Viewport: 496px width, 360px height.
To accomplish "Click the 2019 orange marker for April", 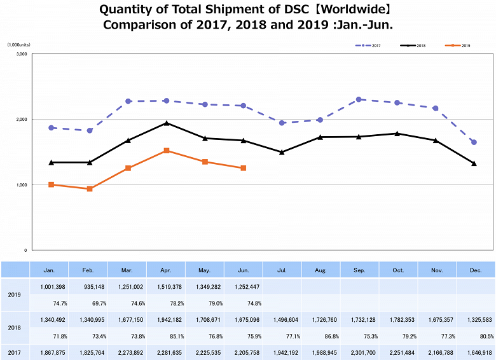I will coord(166,151).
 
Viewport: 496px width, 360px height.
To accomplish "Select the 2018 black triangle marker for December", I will coord(474,163).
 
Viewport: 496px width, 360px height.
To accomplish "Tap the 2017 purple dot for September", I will coord(359,99).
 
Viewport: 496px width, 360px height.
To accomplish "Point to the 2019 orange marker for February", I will coord(90,189).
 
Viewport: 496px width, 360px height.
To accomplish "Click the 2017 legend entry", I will coord(368,46).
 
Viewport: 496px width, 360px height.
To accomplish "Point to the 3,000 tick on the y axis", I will coord(21,54).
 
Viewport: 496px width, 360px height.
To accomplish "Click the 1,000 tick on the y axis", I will coord(21,185).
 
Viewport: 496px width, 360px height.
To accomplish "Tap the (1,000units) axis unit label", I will coord(18,45).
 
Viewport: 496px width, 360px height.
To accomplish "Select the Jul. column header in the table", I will coord(282,270).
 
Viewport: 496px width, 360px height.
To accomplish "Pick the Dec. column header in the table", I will coord(475,270).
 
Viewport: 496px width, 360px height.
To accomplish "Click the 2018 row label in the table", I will coord(15,328).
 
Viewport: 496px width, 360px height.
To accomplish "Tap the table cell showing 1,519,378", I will coord(166,287).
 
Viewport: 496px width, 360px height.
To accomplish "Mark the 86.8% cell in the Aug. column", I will coord(321,336).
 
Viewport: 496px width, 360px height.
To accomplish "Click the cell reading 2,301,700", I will coord(359,352).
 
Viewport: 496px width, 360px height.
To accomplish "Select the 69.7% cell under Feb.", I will coord(88,303).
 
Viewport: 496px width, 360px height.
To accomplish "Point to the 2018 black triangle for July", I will coord(282,152).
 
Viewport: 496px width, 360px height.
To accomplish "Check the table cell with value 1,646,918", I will coord(475,352).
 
